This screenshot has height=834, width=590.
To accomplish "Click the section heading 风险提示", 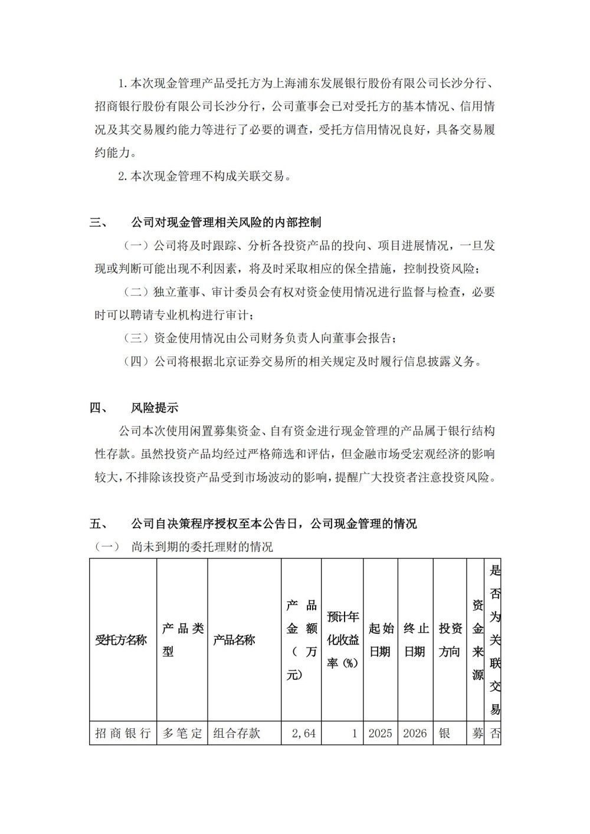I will pyautogui.click(x=154, y=408).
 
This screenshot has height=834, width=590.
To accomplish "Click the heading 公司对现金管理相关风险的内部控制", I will pyautogui.click(x=226, y=223).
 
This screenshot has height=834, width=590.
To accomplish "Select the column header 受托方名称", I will pyautogui.click(x=121, y=640).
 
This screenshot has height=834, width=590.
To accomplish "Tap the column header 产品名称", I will pyautogui.click(x=234, y=640).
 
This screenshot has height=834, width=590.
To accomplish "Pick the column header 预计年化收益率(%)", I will pyautogui.click(x=343, y=640).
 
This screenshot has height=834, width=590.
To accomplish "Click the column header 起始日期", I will pyautogui.click(x=381, y=640).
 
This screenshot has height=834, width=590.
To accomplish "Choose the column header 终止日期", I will pyautogui.click(x=416, y=640).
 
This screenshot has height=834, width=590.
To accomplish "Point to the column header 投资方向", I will pyautogui.click(x=451, y=640).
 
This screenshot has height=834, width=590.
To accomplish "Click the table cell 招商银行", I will pyautogui.click(x=122, y=734).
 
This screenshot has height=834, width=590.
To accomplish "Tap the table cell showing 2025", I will pyautogui.click(x=381, y=734).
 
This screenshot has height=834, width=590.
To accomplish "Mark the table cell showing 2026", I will pyautogui.click(x=415, y=734).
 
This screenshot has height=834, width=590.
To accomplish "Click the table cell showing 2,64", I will pyautogui.click(x=304, y=734).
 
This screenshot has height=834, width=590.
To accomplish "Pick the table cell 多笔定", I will pyautogui.click(x=182, y=734).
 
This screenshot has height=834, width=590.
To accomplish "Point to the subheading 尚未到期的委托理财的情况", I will pyautogui.click(x=202, y=547).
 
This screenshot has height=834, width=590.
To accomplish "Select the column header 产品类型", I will pyautogui.click(x=183, y=640).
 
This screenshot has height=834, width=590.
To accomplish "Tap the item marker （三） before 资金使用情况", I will pyautogui.click(x=135, y=338).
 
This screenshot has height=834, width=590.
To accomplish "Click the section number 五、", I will pyautogui.click(x=98, y=524).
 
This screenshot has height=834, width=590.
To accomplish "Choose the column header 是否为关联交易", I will pyautogui.click(x=495, y=640).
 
